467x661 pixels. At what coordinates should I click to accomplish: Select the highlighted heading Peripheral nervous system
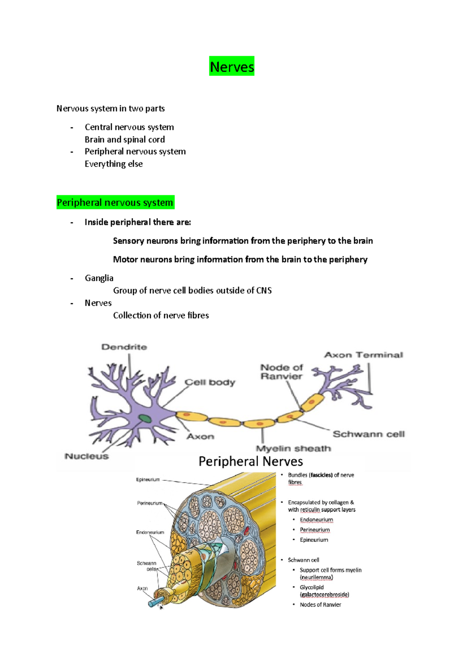click(115, 202)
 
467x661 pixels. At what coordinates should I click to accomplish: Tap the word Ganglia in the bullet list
click(99, 278)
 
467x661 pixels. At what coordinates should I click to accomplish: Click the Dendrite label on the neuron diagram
click(124, 347)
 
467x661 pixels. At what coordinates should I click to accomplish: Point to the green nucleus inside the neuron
click(146, 418)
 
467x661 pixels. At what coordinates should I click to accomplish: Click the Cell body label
click(210, 382)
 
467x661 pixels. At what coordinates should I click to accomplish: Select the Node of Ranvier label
click(281, 372)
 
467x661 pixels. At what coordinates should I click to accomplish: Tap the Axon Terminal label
click(363, 355)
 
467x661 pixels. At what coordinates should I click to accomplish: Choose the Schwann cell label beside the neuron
click(369, 434)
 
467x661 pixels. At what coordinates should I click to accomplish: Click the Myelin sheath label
click(293, 448)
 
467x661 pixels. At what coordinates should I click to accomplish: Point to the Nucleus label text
click(86, 456)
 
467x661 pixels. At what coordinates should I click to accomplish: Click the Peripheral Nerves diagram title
click(251, 461)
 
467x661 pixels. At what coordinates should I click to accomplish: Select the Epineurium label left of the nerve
click(148, 480)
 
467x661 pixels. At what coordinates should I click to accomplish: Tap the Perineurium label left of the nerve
click(149, 503)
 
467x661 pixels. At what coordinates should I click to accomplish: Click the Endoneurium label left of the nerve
click(150, 532)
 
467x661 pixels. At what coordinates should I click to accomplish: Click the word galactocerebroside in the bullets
click(325, 594)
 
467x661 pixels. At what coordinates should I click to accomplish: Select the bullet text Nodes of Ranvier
click(320, 605)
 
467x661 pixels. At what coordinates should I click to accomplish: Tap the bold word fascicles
click(321, 475)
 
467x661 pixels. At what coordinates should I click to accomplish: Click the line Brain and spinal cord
click(125, 139)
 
